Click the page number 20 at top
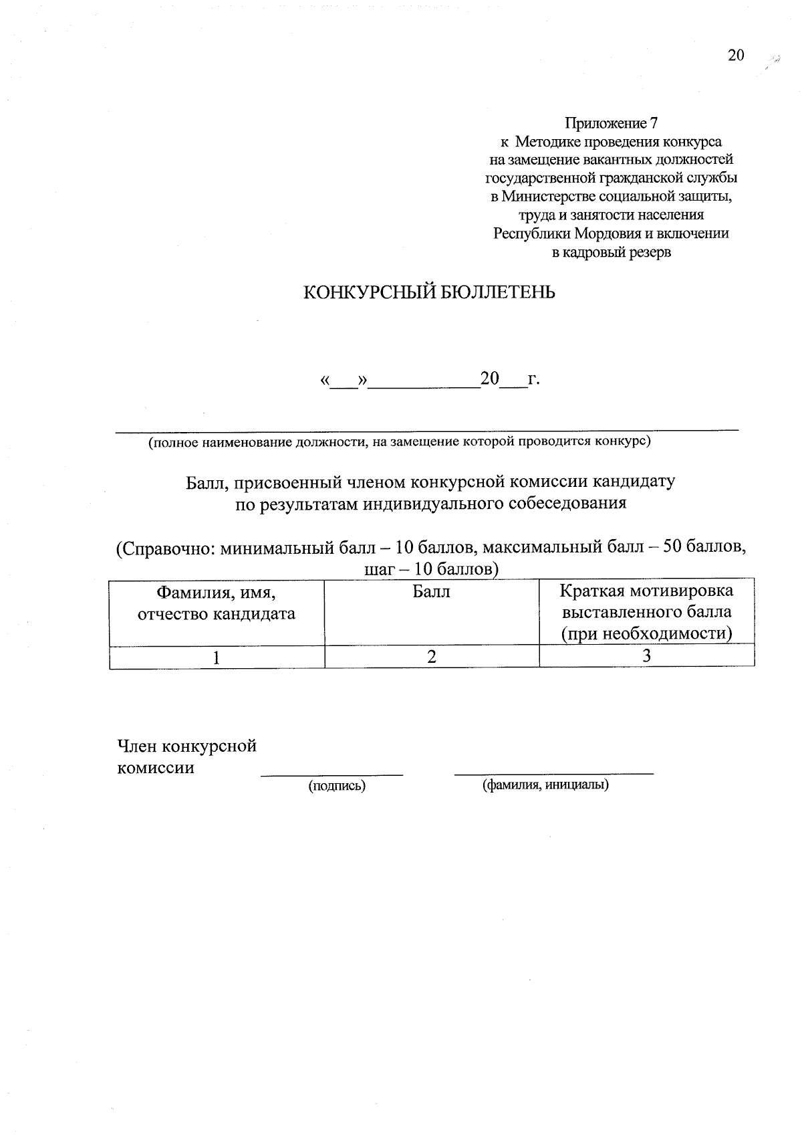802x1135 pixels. coord(735,55)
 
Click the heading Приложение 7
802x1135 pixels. coord(611,124)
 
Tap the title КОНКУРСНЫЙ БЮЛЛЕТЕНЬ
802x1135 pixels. coord(429,293)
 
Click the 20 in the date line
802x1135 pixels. coord(489,379)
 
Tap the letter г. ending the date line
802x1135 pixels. coord(533,380)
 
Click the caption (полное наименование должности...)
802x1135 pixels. coord(399,441)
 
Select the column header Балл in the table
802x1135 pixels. coord(431,592)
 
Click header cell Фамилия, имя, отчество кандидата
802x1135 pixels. coord(216,603)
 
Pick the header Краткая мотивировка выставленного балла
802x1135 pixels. coord(646,611)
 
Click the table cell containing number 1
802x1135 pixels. coord(216,657)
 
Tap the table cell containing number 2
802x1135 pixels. coord(432,657)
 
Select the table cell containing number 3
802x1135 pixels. coord(646,656)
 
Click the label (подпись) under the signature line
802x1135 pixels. coord(336,786)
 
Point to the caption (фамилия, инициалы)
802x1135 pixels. coord(545,785)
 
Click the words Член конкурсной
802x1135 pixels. coord(186,746)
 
